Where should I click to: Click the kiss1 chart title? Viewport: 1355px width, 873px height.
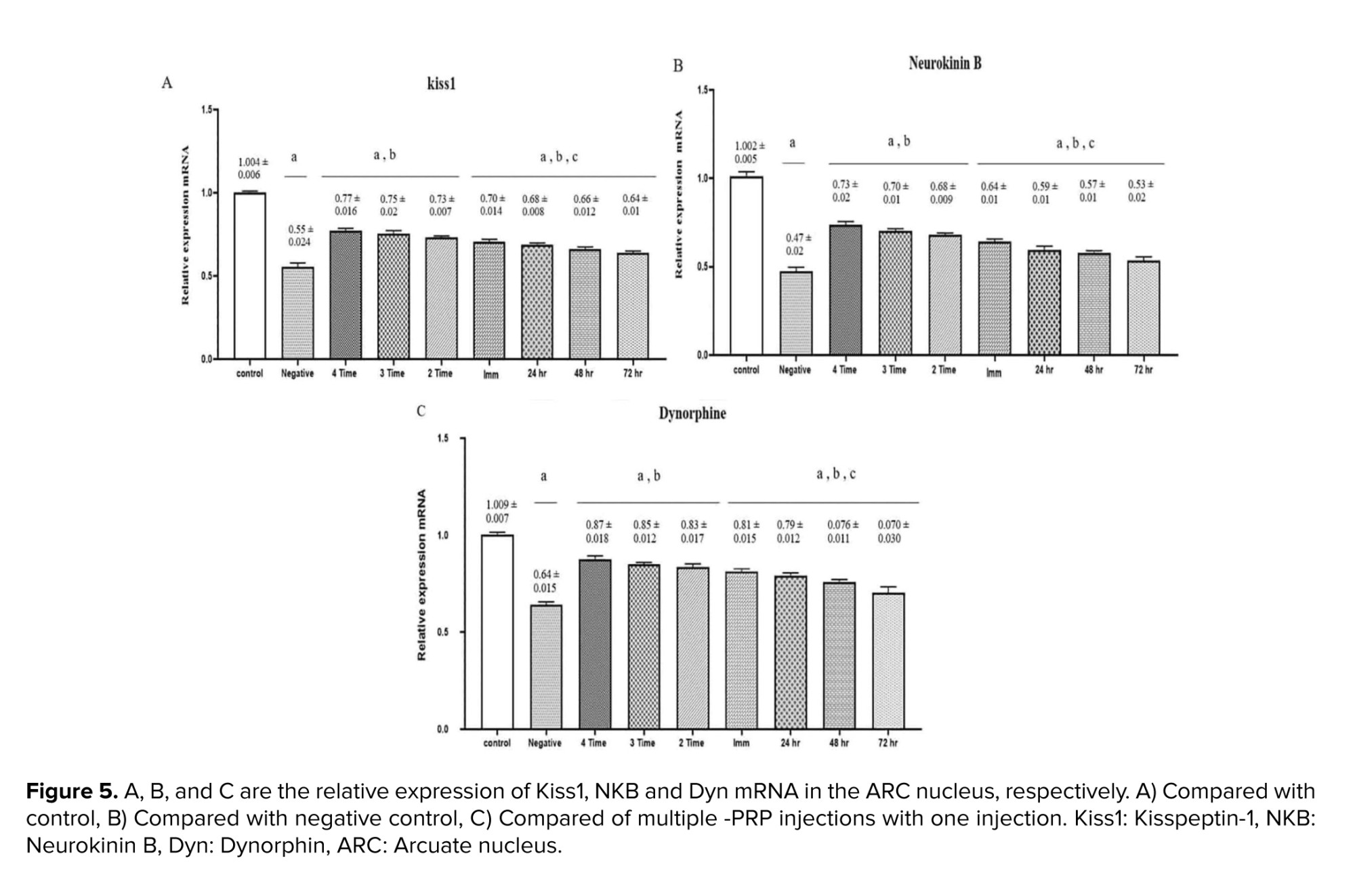441,83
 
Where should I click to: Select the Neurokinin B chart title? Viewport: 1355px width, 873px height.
944,63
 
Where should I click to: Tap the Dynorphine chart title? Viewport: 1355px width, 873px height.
692,413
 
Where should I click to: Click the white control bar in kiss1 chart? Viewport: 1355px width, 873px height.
250,276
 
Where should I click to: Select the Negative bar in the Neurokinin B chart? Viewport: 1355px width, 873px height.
796,313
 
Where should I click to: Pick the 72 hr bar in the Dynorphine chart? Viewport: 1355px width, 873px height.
888,661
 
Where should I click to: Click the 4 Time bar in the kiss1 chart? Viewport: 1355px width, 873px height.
346,295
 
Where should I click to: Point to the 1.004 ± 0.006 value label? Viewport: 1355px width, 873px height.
252,168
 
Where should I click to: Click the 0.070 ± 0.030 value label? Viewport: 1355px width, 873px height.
892,531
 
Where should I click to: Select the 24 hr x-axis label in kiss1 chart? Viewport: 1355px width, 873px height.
537,373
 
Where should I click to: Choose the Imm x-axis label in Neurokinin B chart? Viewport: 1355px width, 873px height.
993,372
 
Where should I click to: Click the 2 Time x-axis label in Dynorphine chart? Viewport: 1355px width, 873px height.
691,743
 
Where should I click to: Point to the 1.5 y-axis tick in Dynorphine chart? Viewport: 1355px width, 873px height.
442,439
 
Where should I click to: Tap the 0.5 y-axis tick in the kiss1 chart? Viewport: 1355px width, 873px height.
206,276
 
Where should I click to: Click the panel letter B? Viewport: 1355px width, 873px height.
677,66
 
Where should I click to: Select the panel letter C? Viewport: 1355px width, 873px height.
421,411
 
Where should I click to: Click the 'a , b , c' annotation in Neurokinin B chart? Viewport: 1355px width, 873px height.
1075,143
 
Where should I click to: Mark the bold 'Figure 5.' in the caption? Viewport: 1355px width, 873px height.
71,791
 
